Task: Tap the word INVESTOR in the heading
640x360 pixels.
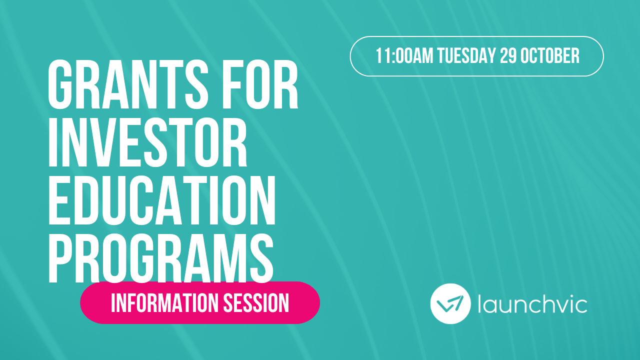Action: point(147,142)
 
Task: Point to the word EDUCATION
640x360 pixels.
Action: point(161,199)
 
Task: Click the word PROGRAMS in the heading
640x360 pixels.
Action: point(160,255)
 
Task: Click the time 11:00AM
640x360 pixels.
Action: point(404,56)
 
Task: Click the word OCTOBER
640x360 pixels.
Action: point(550,56)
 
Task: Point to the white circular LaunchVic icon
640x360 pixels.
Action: point(450,303)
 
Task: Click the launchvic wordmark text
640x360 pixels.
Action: point(532,303)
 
